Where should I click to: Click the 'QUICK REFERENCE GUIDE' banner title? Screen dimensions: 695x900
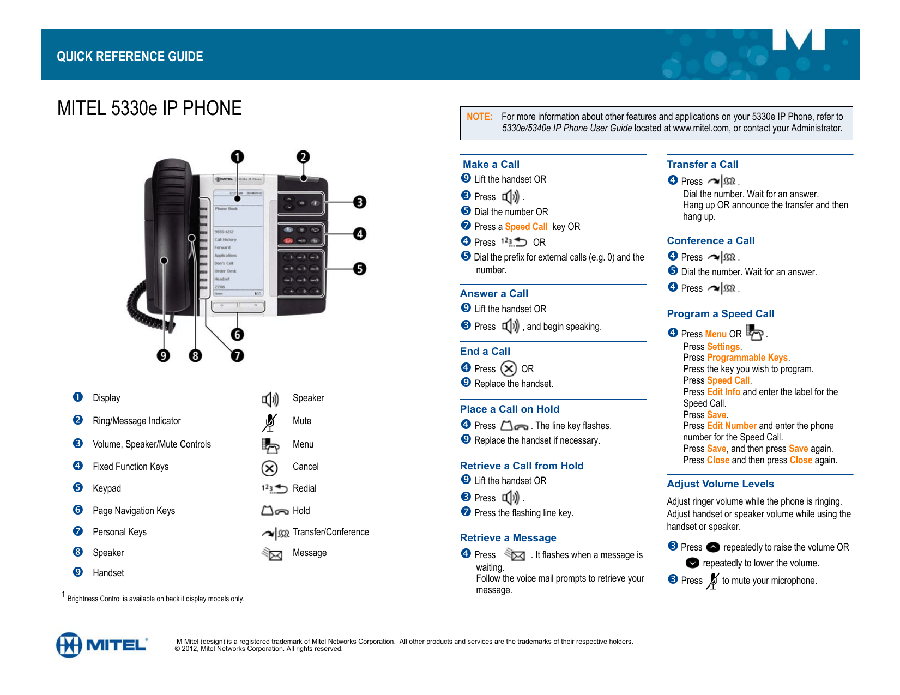pos(130,57)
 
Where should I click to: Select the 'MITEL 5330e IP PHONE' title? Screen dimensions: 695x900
pos(149,108)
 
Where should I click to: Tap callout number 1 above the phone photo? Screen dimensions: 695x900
pos(237,157)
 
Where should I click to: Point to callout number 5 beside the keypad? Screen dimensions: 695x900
pos(359,269)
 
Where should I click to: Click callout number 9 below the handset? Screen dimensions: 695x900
pos(163,356)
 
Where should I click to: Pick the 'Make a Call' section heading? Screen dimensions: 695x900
pos(491,165)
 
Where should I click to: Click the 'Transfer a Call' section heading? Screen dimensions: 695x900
pos(703,165)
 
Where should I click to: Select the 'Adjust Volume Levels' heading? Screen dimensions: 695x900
pos(720,484)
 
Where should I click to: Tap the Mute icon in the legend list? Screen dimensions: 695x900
pos(270,422)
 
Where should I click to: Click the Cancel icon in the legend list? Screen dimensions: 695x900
pos(270,468)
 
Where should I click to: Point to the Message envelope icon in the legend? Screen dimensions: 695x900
pos(272,554)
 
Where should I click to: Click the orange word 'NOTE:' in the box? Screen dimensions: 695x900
pos(479,117)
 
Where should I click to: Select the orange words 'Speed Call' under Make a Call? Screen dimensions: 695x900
pos(526,227)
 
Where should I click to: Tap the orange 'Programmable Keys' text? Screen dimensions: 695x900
pos(747,358)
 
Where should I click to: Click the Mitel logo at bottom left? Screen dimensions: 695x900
pos(101,645)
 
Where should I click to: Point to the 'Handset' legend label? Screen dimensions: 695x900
pos(108,573)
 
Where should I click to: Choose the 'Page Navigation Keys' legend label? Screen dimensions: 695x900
pos(134,511)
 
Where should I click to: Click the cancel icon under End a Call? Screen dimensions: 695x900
pos(509,369)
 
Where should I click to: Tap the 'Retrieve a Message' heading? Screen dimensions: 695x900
pos(508,538)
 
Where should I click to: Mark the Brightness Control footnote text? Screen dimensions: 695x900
pos(155,599)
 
